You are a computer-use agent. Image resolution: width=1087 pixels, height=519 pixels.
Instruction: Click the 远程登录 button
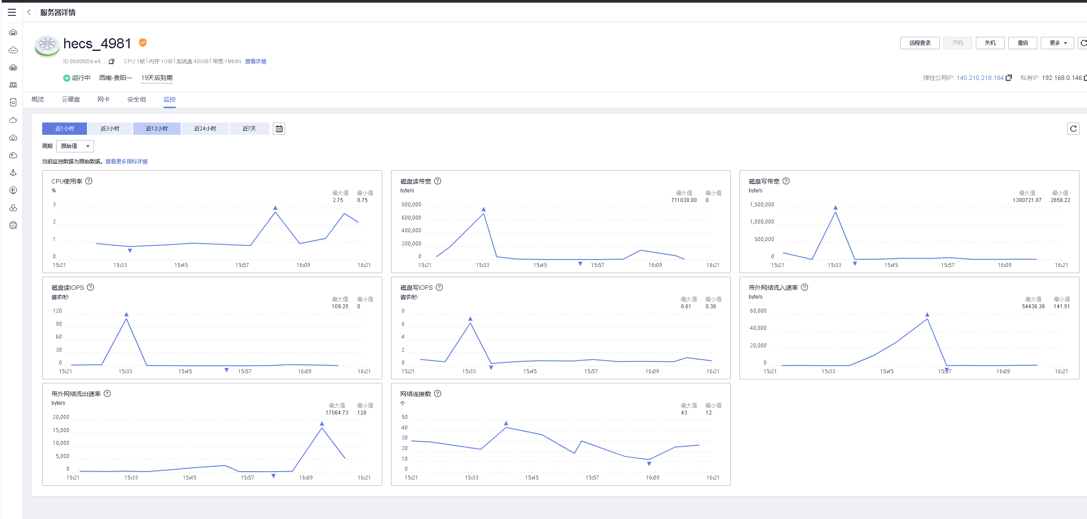pos(920,43)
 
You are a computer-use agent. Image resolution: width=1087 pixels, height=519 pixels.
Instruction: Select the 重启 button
pos(1022,43)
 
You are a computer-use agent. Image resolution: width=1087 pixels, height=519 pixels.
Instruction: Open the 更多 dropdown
pos(1058,43)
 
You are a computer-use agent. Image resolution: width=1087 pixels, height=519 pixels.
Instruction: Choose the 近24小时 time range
pos(205,129)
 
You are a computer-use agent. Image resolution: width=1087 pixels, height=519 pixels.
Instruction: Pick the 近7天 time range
pos(249,129)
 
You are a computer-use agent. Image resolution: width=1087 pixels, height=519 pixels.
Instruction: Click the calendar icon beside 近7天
pos(279,129)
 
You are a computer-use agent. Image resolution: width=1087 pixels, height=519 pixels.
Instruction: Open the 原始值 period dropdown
pos(75,146)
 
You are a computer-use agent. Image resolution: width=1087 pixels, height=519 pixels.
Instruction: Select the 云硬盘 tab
pos(71,100)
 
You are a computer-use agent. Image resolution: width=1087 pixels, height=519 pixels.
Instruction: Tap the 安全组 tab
pos(137,100)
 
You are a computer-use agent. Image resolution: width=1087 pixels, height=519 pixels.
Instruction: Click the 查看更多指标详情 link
pos(127,162)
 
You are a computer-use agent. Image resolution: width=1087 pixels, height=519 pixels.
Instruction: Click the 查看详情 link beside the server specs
pos(255,61)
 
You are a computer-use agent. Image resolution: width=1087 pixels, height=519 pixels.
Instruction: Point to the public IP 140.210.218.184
pos(980,78)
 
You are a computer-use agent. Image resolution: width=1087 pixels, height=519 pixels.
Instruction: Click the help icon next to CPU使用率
pos(89,181)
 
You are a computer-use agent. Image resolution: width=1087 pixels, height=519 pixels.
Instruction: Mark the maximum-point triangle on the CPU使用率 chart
pos(275,208)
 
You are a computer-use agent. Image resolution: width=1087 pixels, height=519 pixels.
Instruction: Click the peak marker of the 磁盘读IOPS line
pos(127,314)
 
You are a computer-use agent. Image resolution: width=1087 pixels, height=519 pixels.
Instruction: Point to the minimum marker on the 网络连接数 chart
pos(649,464)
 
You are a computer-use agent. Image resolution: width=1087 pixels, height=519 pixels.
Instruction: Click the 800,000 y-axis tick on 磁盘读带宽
pos(411,205)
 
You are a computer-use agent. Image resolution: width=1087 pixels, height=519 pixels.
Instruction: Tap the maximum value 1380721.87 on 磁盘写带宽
pos(1027,200)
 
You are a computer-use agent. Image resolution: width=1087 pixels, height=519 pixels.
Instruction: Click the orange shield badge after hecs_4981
pos(143,43)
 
